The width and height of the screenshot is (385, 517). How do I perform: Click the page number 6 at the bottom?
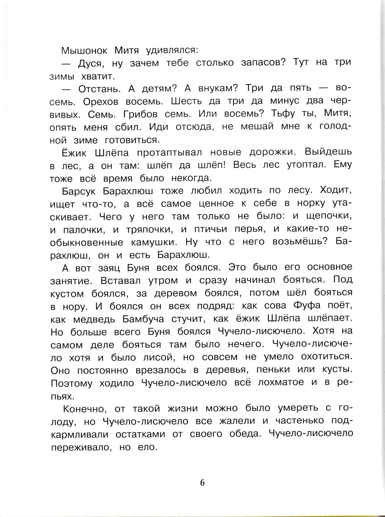click(202, 482)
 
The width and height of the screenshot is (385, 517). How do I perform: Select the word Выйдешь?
click(328, 152)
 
